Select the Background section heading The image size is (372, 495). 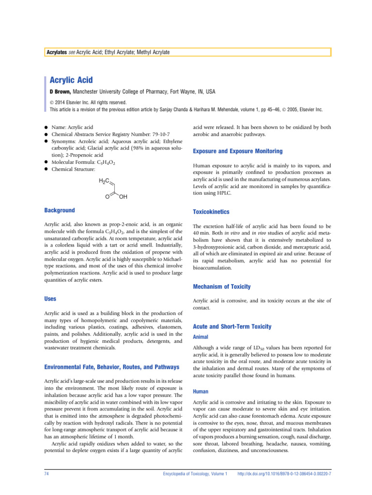(60, 210)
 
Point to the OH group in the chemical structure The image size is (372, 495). (124, 198)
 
